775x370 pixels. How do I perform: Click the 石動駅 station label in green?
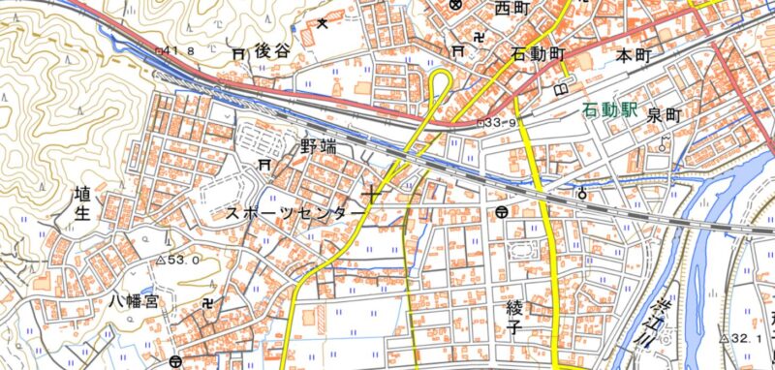(x=610, y=111)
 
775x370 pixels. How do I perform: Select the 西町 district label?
(x=513, y=10)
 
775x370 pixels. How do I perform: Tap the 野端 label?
(x=321, y=148)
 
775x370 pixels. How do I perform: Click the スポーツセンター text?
(x=296, y=211)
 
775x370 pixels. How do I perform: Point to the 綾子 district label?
(x=513, y=317)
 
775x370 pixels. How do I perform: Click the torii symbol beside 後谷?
(x=238, y=54)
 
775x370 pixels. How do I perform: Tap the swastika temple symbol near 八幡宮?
(x=212, y=303)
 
